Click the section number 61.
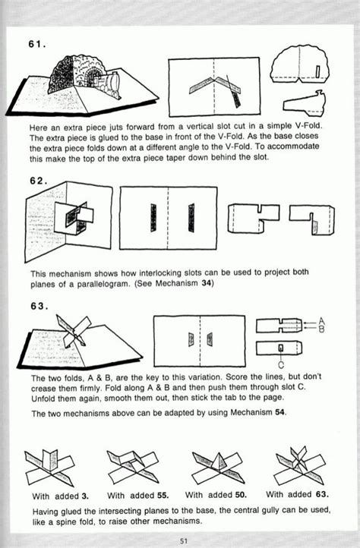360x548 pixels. coord(37,45)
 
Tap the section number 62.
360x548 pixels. coord(39,181)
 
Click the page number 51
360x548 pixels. coord(184,541)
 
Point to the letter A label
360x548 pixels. coord(321,321)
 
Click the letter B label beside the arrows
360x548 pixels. coord(321,329)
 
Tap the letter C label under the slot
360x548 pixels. coord(281,366)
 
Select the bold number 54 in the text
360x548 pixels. coord(279,412)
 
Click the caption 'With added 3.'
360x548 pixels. coord(60,496)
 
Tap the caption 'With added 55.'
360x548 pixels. coord(137,495)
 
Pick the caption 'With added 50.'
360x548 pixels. coord(216,495)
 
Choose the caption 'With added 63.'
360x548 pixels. coord(297,495)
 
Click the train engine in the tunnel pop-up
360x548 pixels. coord(109,84)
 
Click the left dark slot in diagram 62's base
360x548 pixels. coord(153,218)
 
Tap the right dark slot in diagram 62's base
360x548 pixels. coord(191,218)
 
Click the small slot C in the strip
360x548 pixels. coord(280,348)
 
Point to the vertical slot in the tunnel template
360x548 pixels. coord(317,71)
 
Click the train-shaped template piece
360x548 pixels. coord(305,104)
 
